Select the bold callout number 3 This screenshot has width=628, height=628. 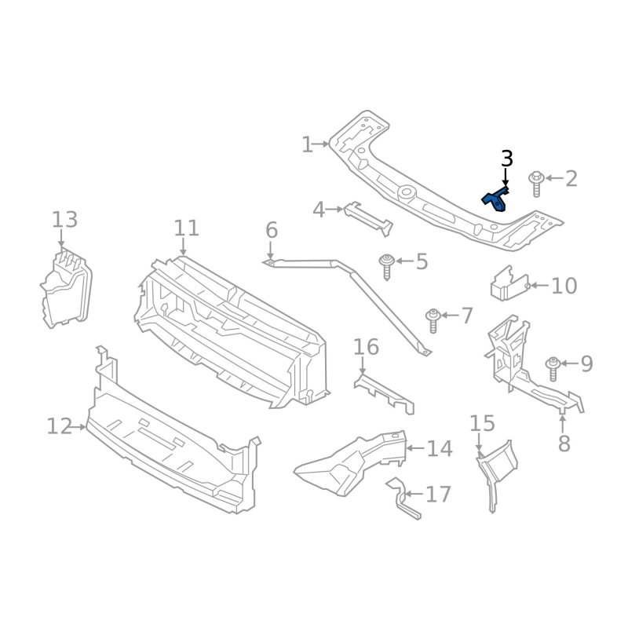click(507, 159)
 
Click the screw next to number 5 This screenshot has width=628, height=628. click(386, 265)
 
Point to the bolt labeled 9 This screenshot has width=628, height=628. click(553, 366)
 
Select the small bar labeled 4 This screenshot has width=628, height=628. click(367, 216)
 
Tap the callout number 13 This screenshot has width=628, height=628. click(65, 219)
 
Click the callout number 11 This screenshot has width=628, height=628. click(186, 228)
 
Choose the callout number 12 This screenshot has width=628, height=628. click(59, 426)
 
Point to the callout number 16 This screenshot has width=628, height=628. click(366, 346)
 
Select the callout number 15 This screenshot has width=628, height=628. click(483, 424)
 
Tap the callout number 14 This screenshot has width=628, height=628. click(440, 449)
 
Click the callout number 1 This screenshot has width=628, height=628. click(307, 144)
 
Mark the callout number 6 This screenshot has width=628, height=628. click(272, 230)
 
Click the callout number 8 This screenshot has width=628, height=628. click(564, 444)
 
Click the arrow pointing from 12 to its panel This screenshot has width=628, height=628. click(79, 427)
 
